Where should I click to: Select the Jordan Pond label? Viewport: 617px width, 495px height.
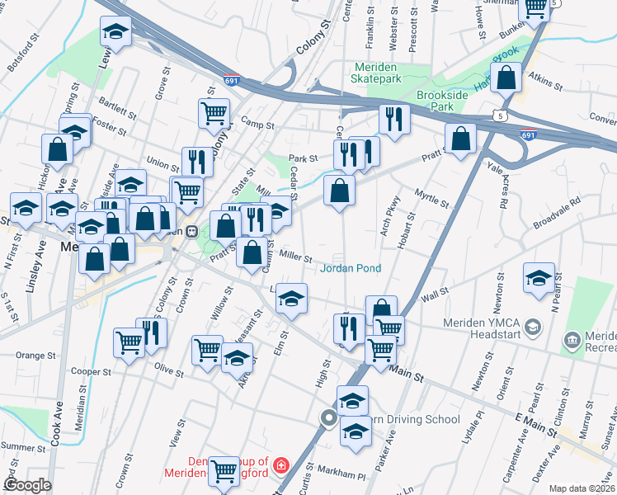351,268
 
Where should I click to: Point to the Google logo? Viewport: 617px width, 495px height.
27,485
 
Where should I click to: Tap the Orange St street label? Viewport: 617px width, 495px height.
35,356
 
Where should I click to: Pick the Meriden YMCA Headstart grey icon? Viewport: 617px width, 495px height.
533,328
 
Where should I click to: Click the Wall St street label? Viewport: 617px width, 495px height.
434,291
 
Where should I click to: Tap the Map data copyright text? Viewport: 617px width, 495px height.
582,488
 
